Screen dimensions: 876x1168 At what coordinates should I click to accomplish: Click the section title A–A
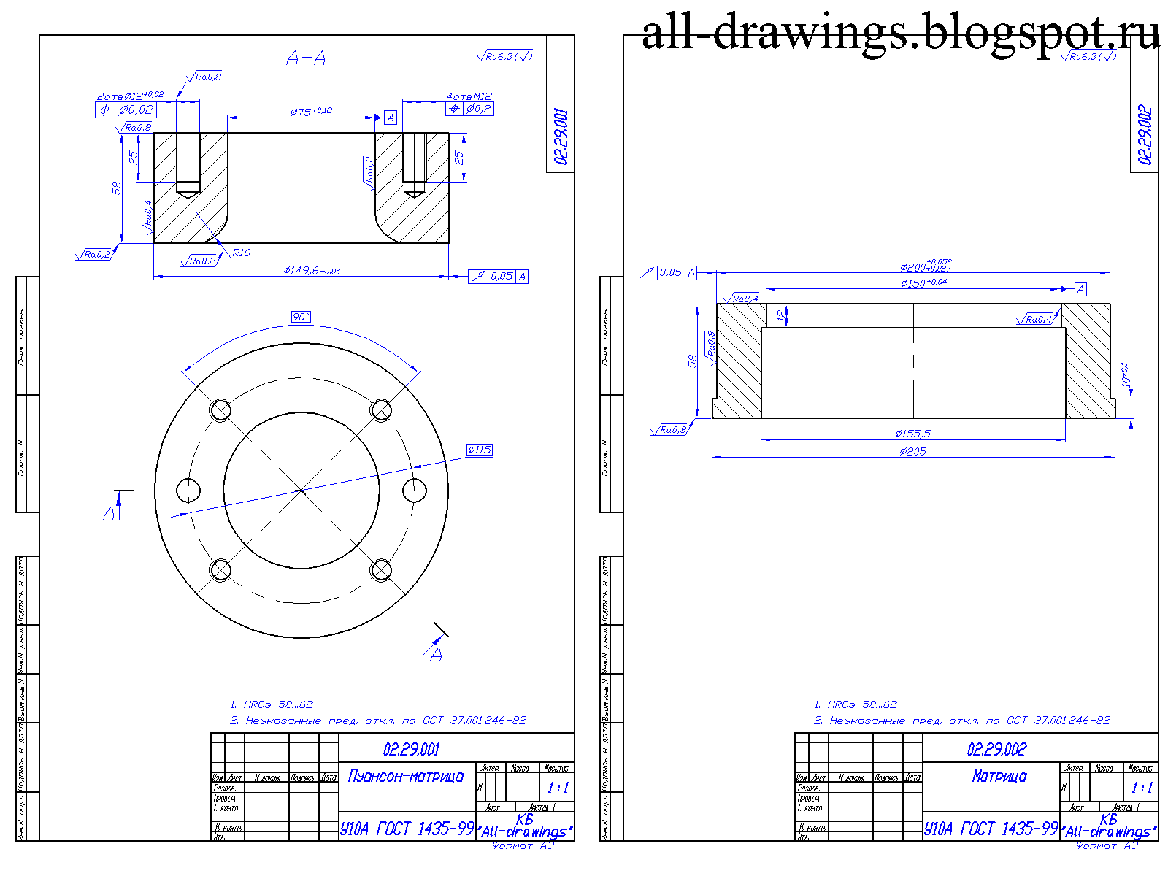306,58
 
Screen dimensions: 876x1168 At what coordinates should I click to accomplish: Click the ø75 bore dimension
311,111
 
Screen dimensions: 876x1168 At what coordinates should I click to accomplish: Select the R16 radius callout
241,253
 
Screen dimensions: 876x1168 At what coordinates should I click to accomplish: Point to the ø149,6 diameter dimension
312,271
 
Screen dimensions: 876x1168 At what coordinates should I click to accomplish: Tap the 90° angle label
301,316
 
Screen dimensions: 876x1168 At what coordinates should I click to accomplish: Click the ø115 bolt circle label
479,450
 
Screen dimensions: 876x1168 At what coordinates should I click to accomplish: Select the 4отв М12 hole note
469,96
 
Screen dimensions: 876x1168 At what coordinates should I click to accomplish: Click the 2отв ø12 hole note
130,96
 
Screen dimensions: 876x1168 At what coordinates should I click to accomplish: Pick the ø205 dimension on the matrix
912,452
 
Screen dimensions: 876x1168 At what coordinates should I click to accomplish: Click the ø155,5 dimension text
912,434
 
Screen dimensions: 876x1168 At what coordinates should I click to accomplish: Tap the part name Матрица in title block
999,777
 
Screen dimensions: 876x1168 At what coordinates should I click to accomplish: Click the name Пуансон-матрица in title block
406,776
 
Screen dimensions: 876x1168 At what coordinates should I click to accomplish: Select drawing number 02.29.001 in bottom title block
411,749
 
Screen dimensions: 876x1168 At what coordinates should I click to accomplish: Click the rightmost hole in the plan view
415,489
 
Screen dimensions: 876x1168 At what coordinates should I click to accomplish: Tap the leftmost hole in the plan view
188,490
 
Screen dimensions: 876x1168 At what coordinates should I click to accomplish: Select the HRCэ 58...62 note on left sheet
272,704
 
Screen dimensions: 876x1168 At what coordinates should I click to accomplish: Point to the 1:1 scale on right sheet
1141,788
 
